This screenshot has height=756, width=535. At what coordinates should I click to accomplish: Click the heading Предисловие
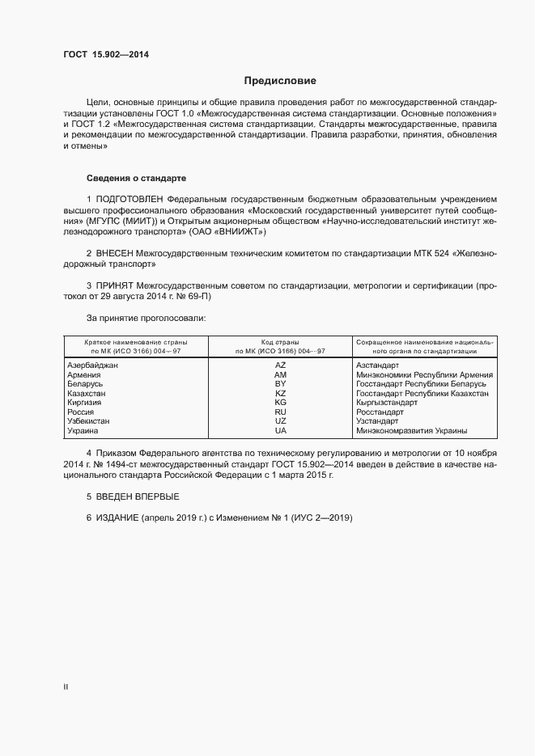(x=281, y=81)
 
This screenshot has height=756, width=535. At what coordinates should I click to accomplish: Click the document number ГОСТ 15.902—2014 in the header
(x=106, y=55)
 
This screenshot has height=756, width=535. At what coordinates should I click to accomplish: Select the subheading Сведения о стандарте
(x=137, y=177)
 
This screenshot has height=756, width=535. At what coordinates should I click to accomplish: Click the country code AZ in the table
(x=280, y=365)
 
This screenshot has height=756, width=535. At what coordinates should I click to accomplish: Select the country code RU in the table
(x=280, y=412)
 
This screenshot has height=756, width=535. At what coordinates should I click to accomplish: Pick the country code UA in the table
(x=280, y=430)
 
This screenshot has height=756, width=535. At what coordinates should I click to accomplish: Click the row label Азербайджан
(x=92, y=365)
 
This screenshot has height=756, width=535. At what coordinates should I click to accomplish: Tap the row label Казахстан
(x=87, y=394)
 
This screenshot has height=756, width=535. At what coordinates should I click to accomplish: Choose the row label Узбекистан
(x=88, y=421)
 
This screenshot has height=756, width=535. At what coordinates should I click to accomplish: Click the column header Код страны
(x=280, y=342)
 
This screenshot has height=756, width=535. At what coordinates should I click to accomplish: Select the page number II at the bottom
(x=66, y=687)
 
